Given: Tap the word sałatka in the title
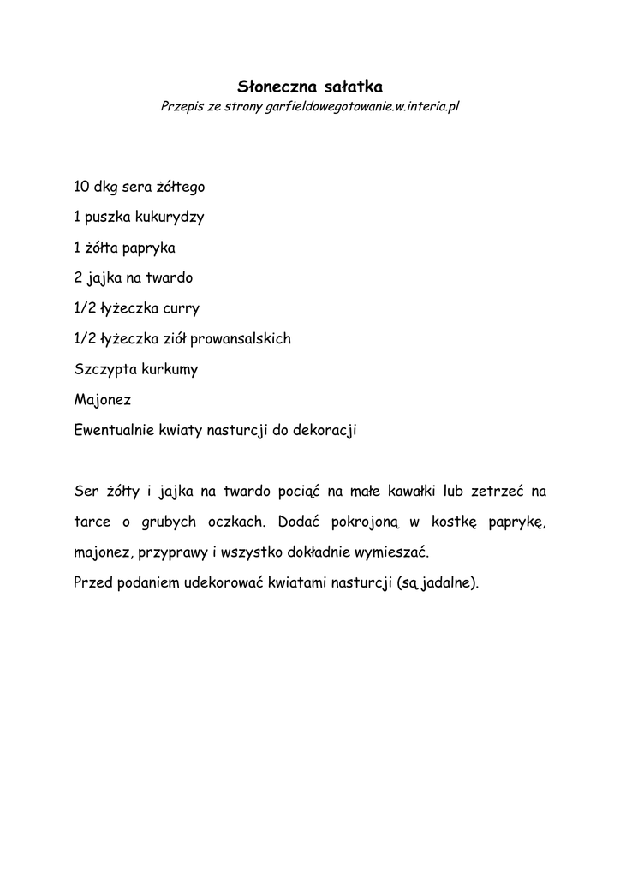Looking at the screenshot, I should coord(351,87).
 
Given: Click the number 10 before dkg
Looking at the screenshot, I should coord(82,186).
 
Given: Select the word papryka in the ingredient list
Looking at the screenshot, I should coord(148,248).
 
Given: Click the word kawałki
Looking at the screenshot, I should coord(410,492).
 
